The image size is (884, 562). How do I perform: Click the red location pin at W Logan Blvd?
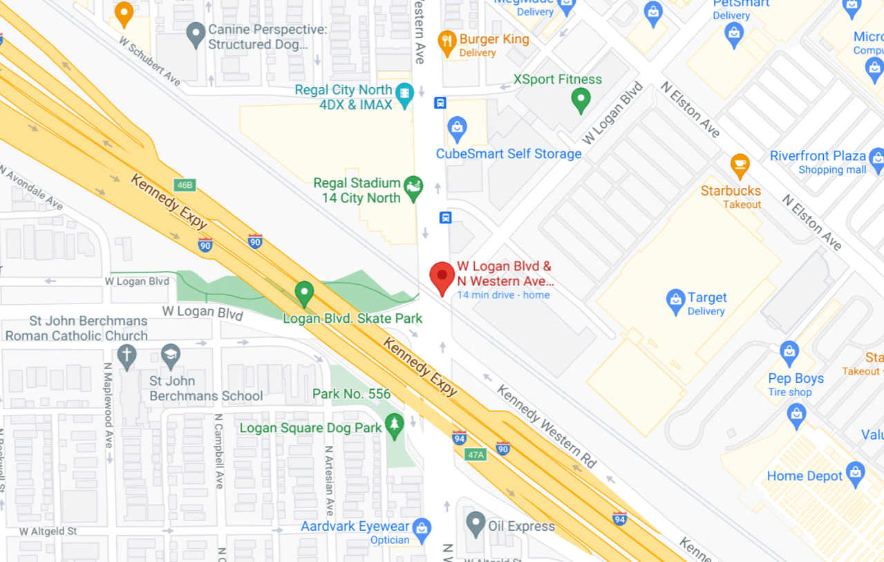click(442, 277)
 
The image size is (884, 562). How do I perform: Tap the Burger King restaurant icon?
click(447, 42)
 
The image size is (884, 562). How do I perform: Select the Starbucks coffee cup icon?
click(740, 166)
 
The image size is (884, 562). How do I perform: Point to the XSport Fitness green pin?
click(581, 100)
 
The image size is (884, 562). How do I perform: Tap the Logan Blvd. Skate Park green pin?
click(304, 294)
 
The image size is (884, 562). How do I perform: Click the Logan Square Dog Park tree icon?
click(395, 426)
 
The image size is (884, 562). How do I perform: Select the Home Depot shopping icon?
click(855, 474)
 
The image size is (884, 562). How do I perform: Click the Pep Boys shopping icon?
click(789, 353)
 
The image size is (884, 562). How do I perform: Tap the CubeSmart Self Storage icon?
click(457, 128)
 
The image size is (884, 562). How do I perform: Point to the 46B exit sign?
click(185, 185)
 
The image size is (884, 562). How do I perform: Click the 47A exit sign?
click(476, 455)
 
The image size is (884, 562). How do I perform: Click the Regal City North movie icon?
click(404, 92)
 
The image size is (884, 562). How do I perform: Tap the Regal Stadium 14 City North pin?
click(413, 188)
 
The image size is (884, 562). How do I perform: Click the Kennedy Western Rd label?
click(546, 425)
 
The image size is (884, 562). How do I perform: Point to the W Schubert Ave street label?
click(149, 61)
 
